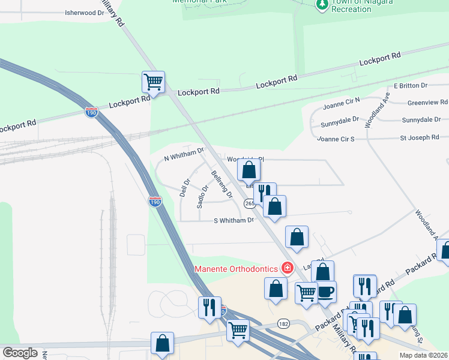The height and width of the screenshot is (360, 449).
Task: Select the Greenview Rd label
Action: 427,103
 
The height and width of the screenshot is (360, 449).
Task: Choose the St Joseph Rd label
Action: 420,138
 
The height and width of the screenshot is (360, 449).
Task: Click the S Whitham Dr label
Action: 234,221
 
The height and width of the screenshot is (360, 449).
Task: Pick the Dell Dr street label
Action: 185,188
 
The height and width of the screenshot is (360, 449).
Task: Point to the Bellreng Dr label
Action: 221,184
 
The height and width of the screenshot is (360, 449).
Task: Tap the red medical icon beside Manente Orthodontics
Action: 288,268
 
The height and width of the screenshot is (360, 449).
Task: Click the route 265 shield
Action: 250,205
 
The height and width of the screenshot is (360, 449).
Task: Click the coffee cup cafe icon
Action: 326,292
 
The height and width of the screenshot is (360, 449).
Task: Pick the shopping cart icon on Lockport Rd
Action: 153,81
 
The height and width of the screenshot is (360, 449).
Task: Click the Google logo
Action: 20,352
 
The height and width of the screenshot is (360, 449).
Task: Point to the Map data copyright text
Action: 423,355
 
